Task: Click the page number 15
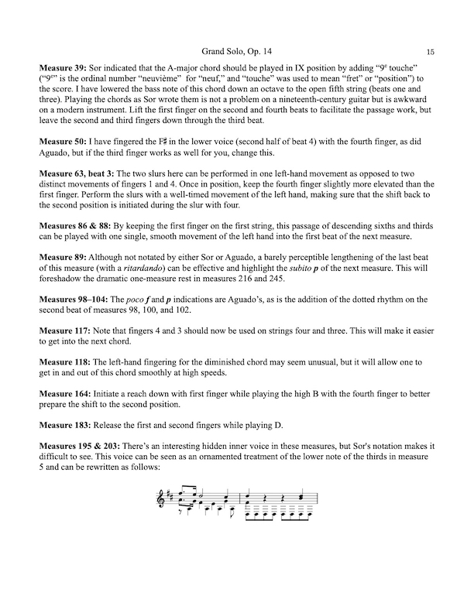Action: pyautogui.click(x=430, y=50)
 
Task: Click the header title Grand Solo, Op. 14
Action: pyautogui.click(x=236, y=50)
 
